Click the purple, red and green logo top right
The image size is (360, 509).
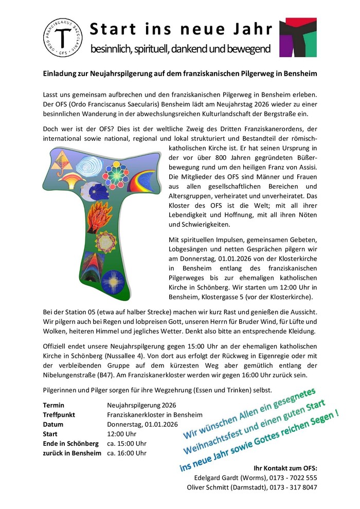[x=298, y=37]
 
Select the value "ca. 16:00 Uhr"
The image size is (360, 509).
[x=127, y=453]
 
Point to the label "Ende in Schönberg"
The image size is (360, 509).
[x=70, y=444]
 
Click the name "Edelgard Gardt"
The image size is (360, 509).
[x=209, y=478]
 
